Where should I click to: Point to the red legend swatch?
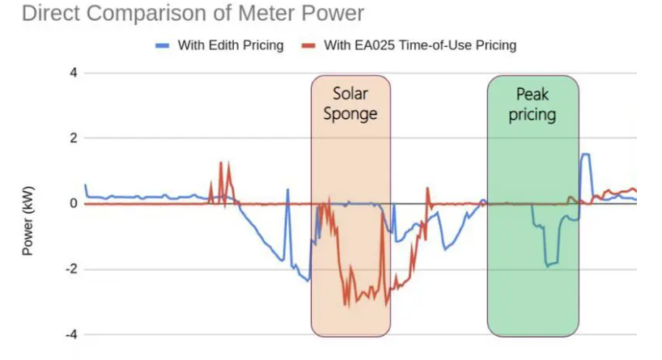[308, 45]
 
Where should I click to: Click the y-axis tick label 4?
[72, 73]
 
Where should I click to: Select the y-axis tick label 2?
[72, 138]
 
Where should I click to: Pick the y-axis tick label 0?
[72, 204]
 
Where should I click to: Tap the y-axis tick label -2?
[70, 269]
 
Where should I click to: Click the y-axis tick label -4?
[70, 335]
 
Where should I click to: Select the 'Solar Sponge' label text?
[350, 104]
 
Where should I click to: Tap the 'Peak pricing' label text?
[532, 104]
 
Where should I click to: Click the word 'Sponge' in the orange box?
[350, 113]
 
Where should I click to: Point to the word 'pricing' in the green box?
[532, 114]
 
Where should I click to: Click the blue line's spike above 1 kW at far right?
[585, 155]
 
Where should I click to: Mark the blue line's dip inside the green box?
[551, 263]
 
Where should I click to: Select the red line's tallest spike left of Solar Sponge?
[220, 163]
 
